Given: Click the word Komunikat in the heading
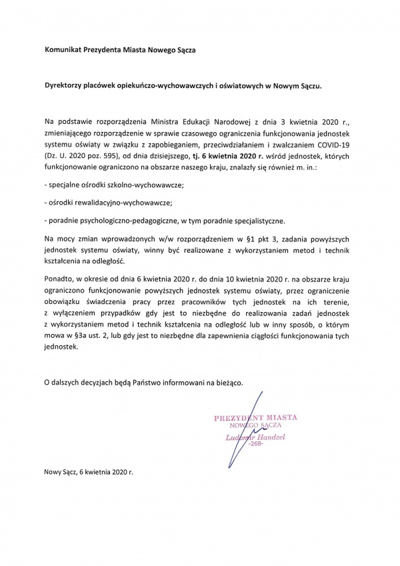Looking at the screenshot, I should coord(63,49).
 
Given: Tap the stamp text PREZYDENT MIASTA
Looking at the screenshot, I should coord(255,417).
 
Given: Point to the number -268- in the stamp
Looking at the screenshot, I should coord(257,444).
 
